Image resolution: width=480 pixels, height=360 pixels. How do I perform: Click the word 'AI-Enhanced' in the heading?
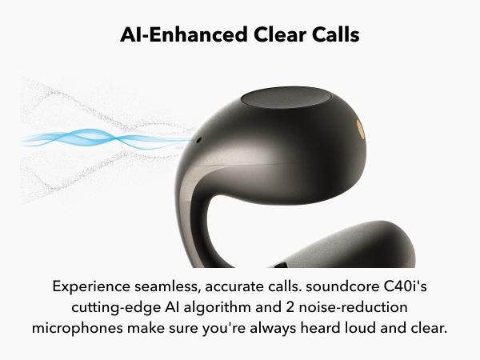(184, 34)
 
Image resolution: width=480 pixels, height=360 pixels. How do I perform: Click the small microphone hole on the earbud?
(198, 141)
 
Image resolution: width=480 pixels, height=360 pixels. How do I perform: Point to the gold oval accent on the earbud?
(361, 129)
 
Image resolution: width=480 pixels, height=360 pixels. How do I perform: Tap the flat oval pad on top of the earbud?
(286, 98)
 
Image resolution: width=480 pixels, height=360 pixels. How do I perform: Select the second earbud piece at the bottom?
(346, 246)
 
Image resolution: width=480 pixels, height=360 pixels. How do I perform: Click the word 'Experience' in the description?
(91, 287)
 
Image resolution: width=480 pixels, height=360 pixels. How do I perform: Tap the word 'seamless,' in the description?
(167, 287)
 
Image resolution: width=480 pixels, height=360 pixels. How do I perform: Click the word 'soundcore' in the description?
(342, 286)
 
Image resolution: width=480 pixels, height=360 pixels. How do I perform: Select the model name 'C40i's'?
(405, 286)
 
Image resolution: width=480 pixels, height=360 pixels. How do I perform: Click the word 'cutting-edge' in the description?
(116, 308)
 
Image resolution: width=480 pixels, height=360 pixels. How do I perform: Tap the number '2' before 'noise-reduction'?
(290, 308)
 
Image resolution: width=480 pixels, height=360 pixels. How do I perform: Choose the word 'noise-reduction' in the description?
(353, 307)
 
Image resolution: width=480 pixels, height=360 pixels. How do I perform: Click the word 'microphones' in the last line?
(78, 329)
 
